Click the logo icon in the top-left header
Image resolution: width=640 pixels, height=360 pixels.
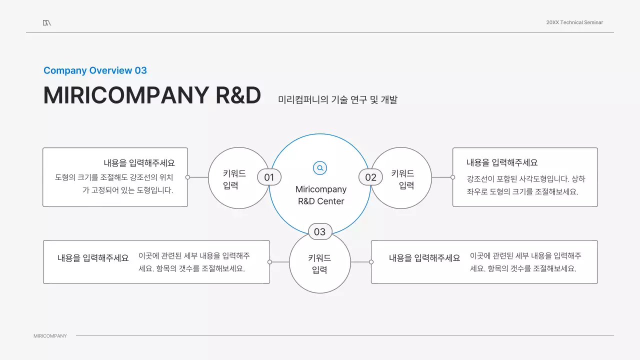(46, 22)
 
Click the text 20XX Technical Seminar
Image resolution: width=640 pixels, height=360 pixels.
(574, 22)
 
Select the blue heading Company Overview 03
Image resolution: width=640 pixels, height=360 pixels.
(95, 70)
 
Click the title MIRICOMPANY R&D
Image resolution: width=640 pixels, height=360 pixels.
(152, 95)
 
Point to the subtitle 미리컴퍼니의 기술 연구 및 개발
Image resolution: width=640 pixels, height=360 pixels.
(337, 99)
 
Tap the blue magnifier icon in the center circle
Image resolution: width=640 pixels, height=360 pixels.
(320, 168)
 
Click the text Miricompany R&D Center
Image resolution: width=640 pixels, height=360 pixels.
(320, 195)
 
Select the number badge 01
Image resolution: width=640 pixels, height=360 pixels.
(269, 177)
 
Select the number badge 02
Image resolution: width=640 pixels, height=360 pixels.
(370, 177)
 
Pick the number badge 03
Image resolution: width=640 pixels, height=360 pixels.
(320, 231)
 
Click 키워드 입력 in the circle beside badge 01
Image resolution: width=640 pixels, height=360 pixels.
(234, 179)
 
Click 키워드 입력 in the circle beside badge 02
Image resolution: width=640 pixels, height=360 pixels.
(403, 179)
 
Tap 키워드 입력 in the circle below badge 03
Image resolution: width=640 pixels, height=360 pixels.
(319, 264)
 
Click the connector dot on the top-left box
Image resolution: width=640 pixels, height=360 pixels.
(187, 177)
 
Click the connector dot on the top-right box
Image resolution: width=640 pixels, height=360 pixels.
(452, 177)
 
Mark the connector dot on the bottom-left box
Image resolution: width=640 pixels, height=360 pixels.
(269, 262)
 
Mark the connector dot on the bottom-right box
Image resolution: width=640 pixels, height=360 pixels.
(371, 262)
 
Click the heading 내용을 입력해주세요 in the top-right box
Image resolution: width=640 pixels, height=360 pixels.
(502, 162)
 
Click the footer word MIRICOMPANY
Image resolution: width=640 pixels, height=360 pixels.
(50, 336)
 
